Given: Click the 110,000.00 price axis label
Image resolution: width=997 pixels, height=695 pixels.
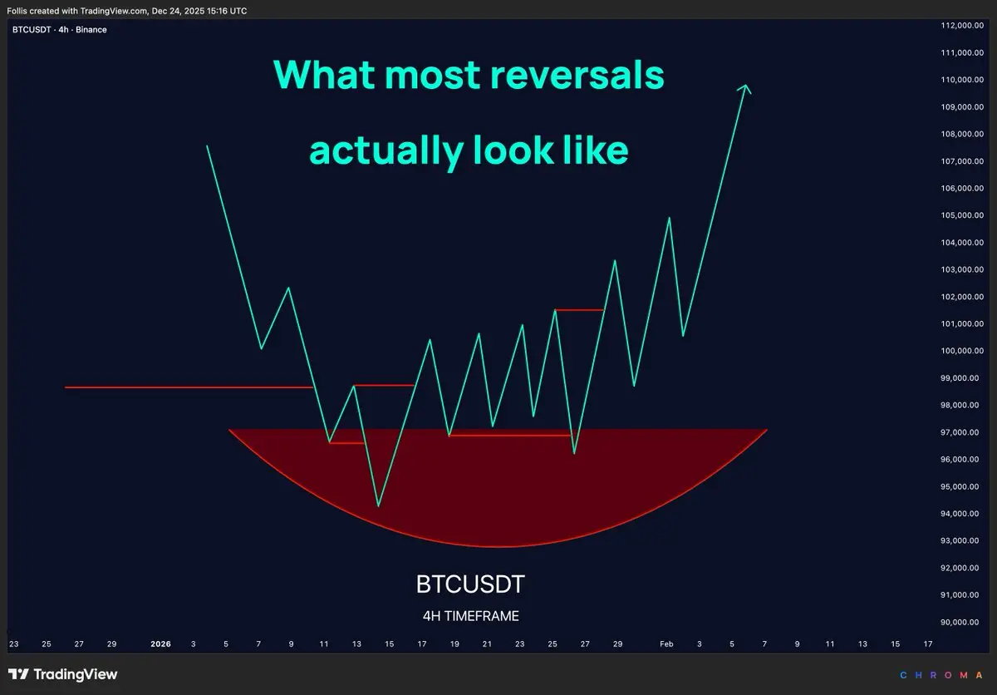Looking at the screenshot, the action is [962, 80].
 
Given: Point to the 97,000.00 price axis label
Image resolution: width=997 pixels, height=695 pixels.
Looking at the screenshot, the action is [960, 432].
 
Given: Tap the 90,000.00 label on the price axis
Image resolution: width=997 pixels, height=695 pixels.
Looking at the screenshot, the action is [960, 622].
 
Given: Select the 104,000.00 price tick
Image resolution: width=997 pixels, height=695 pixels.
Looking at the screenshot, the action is [962, 243].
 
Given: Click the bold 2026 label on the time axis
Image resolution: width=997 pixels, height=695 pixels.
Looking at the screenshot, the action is [160, 643].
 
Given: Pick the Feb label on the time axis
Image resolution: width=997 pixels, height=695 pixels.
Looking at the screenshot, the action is [666, 643].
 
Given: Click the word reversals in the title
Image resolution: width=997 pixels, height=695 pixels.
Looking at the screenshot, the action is [577, 75].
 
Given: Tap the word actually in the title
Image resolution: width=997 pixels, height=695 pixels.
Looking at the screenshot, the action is [386, 150].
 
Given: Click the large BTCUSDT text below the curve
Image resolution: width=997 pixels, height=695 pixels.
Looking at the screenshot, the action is [470, 584].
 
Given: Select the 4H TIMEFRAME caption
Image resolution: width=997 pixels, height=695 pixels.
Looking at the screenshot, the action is [471, 616].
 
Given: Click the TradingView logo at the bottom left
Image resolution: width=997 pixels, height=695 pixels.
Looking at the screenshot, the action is [63, 674].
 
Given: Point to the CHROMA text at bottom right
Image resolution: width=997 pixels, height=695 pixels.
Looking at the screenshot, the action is [941, 675].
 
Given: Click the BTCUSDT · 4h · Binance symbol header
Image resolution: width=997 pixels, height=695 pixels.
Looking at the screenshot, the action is [60, 30].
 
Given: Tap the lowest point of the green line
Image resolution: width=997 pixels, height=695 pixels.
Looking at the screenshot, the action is [378, 506].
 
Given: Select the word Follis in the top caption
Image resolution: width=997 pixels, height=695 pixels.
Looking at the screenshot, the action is [17, 11].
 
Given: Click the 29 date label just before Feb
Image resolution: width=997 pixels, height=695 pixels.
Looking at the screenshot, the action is [617, 643].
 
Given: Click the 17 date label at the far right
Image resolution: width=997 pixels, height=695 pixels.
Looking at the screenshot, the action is [927, 643].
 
